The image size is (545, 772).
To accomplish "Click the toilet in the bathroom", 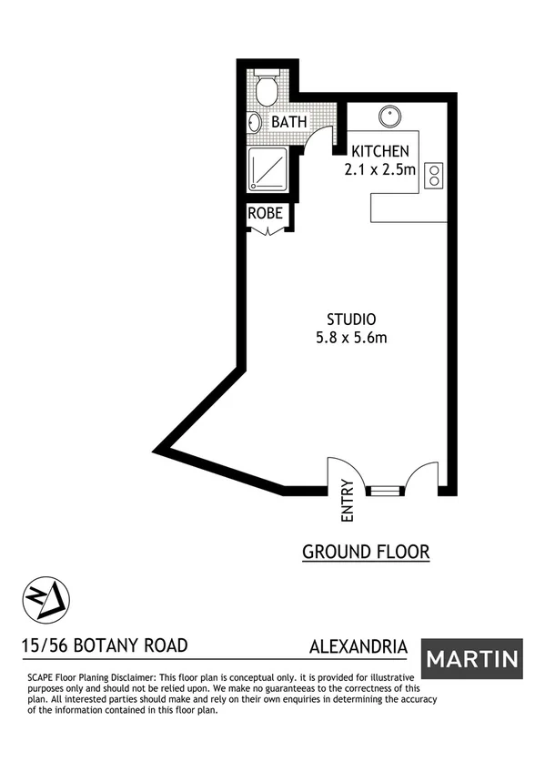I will pos(267,90).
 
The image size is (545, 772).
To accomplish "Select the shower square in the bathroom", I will pos(268,168).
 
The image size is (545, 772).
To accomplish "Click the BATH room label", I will pos(288,122).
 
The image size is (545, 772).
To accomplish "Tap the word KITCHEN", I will pos(380,151).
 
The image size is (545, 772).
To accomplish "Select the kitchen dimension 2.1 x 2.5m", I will pos(380,169).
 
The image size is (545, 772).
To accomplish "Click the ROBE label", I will pos(268,215).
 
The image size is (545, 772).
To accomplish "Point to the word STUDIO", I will pos(351,320).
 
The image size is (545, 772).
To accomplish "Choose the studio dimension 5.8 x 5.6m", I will pos(351,339).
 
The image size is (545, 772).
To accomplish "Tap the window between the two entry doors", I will pos(385,491).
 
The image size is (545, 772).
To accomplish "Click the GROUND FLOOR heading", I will pos(365,552).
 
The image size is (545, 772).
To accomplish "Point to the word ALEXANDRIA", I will pos(358,647).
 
